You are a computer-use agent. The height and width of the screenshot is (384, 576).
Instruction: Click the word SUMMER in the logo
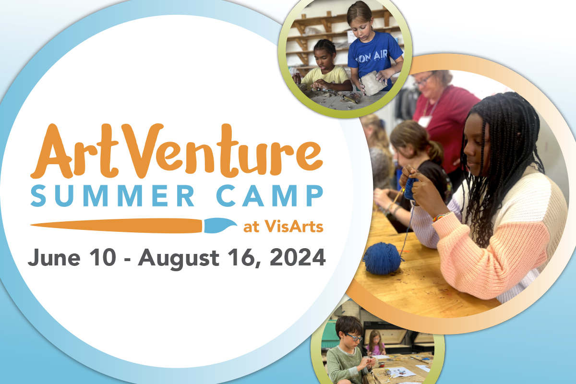coord(112,196)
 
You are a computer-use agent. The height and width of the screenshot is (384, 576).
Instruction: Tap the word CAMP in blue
coord(269,196)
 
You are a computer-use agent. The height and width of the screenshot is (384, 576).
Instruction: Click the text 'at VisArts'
coord(283,227)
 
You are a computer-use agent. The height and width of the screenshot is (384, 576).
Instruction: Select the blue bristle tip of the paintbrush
coord(220,225)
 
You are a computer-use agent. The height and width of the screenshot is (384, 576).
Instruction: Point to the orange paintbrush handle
coord(116,226)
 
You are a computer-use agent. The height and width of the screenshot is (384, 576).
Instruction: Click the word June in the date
coord(54,258)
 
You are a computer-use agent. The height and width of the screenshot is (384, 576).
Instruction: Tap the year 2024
coord(298,257)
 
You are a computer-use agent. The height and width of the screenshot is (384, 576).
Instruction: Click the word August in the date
coord(179,259)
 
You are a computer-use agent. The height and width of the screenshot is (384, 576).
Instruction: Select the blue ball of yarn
coord(382,258)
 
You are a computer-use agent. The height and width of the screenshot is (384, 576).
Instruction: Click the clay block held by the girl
coord(372,83)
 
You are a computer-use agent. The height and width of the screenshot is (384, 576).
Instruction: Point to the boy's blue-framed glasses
coord(354,336)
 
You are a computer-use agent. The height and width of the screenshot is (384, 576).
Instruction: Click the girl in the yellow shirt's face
coord(324,58)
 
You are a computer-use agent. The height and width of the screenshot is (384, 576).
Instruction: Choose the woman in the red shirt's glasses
coord(423,80)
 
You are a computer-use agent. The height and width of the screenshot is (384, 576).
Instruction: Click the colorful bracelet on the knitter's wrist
coord(440,217)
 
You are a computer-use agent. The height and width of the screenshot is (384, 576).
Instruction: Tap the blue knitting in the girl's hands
coord(411,189)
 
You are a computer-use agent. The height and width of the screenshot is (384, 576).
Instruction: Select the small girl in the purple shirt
coord(376,343)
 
